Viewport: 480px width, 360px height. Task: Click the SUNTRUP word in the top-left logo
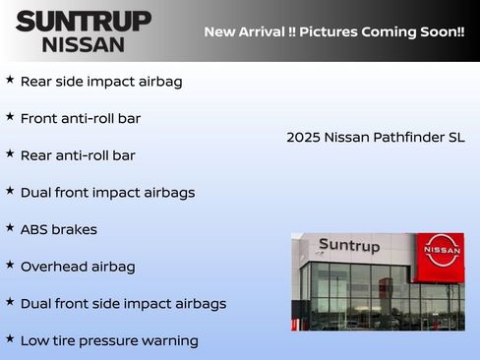84,21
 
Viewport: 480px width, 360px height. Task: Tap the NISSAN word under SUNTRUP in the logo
84,43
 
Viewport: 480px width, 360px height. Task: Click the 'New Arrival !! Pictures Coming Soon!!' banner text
334,31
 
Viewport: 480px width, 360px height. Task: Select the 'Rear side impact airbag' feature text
101,82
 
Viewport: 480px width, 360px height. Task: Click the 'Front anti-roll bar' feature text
81,119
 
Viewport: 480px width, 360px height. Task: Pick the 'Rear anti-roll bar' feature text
78,155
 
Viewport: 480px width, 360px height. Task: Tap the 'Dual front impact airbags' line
107,193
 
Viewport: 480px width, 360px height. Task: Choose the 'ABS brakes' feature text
59,229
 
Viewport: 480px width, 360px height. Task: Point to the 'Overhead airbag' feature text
78,267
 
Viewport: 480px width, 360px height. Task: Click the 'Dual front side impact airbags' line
123,304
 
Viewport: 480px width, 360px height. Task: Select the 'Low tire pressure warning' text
109,341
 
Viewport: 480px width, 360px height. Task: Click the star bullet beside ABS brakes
10,227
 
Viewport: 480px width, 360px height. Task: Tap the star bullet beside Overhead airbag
10,265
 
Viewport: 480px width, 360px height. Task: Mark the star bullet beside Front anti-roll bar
10,116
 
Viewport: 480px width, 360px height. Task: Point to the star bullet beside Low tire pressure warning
10,338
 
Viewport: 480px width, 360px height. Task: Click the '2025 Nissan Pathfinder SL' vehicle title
376,138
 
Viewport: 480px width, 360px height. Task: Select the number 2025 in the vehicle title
303,138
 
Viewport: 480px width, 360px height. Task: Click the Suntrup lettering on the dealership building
348,246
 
